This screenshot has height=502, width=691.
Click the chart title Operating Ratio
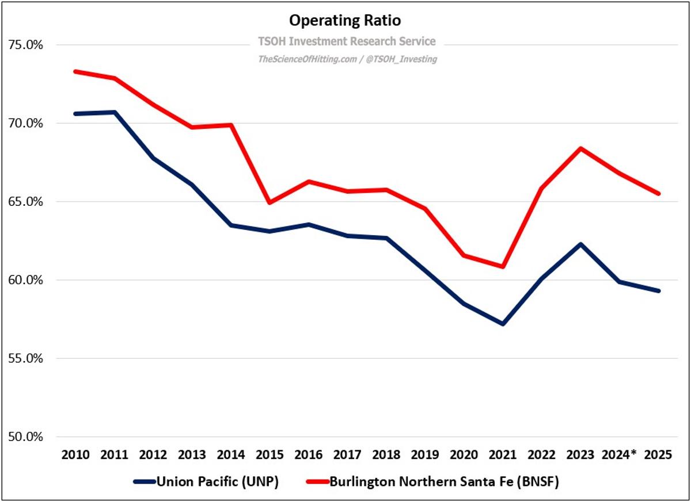pyautogui.click(x=345, y=21)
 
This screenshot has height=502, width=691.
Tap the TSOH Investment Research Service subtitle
pyautogui.click(x=345, y=41)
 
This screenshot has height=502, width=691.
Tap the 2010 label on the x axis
pyautogui.click(x=75, y=455)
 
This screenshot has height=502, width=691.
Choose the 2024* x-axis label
pyautogui.click(x=620, y=455)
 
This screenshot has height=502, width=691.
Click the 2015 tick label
pyautogui.click(x=269, y=455)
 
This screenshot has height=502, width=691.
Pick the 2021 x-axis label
pyautogui.click(x=503, y=455)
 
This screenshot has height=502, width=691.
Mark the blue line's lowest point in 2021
pyautogui.click(x=503, y=324)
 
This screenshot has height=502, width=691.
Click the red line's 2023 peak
pyautogui.click(x=580, y=148)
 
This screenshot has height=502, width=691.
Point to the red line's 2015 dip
pyautogui.click(x=269, y=202)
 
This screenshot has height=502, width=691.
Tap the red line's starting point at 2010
pyautogui.click(x=75, y=71)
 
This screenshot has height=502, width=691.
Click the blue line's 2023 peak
pyautogui.click(x=580, y=244)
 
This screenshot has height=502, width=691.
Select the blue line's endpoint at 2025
pyautogui.click(x=658, y=291)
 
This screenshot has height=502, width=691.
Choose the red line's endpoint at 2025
pyautogui.click(x=658, y=194)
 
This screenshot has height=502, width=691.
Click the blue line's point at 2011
pyautogui.click(x=115, y=112)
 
